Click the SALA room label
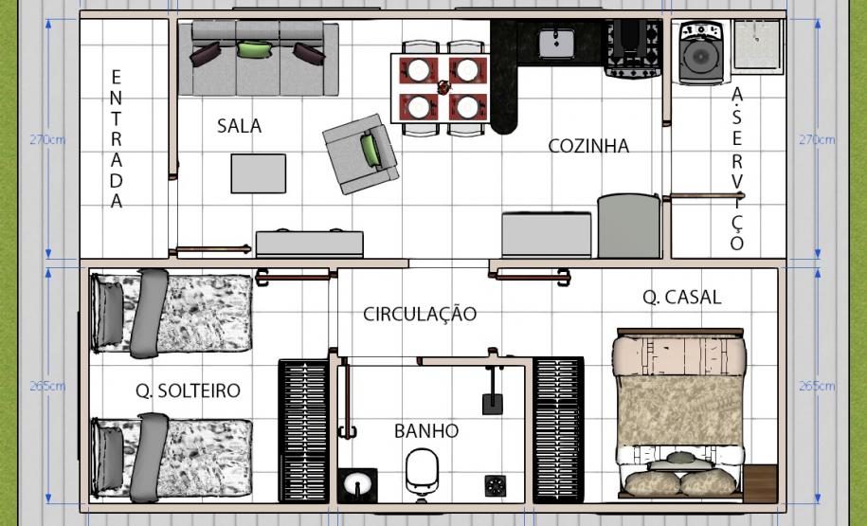239,126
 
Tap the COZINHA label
588,146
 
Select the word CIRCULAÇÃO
420,314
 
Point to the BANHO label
426,431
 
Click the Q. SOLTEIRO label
188,390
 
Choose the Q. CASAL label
681,297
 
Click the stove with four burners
633,47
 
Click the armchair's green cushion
370,148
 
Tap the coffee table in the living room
259,173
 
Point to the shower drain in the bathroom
495,485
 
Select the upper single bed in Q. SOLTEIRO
171,312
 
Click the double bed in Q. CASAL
678,414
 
